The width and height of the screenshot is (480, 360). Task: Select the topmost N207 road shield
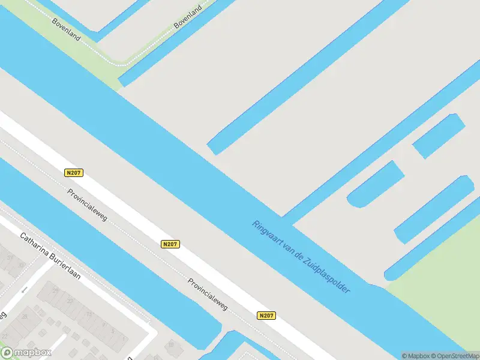click(73, 173)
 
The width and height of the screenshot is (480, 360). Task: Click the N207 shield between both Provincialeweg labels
click(170, 244)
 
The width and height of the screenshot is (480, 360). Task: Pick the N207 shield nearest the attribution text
click(266, 315)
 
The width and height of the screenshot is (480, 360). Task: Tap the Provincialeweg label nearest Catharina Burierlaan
click(88, 205)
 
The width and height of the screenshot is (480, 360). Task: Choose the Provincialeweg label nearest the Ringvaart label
click(208, 294)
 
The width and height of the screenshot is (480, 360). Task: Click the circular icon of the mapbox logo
click(7, 353)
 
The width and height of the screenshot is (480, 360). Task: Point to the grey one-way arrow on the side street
click(25, 290)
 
